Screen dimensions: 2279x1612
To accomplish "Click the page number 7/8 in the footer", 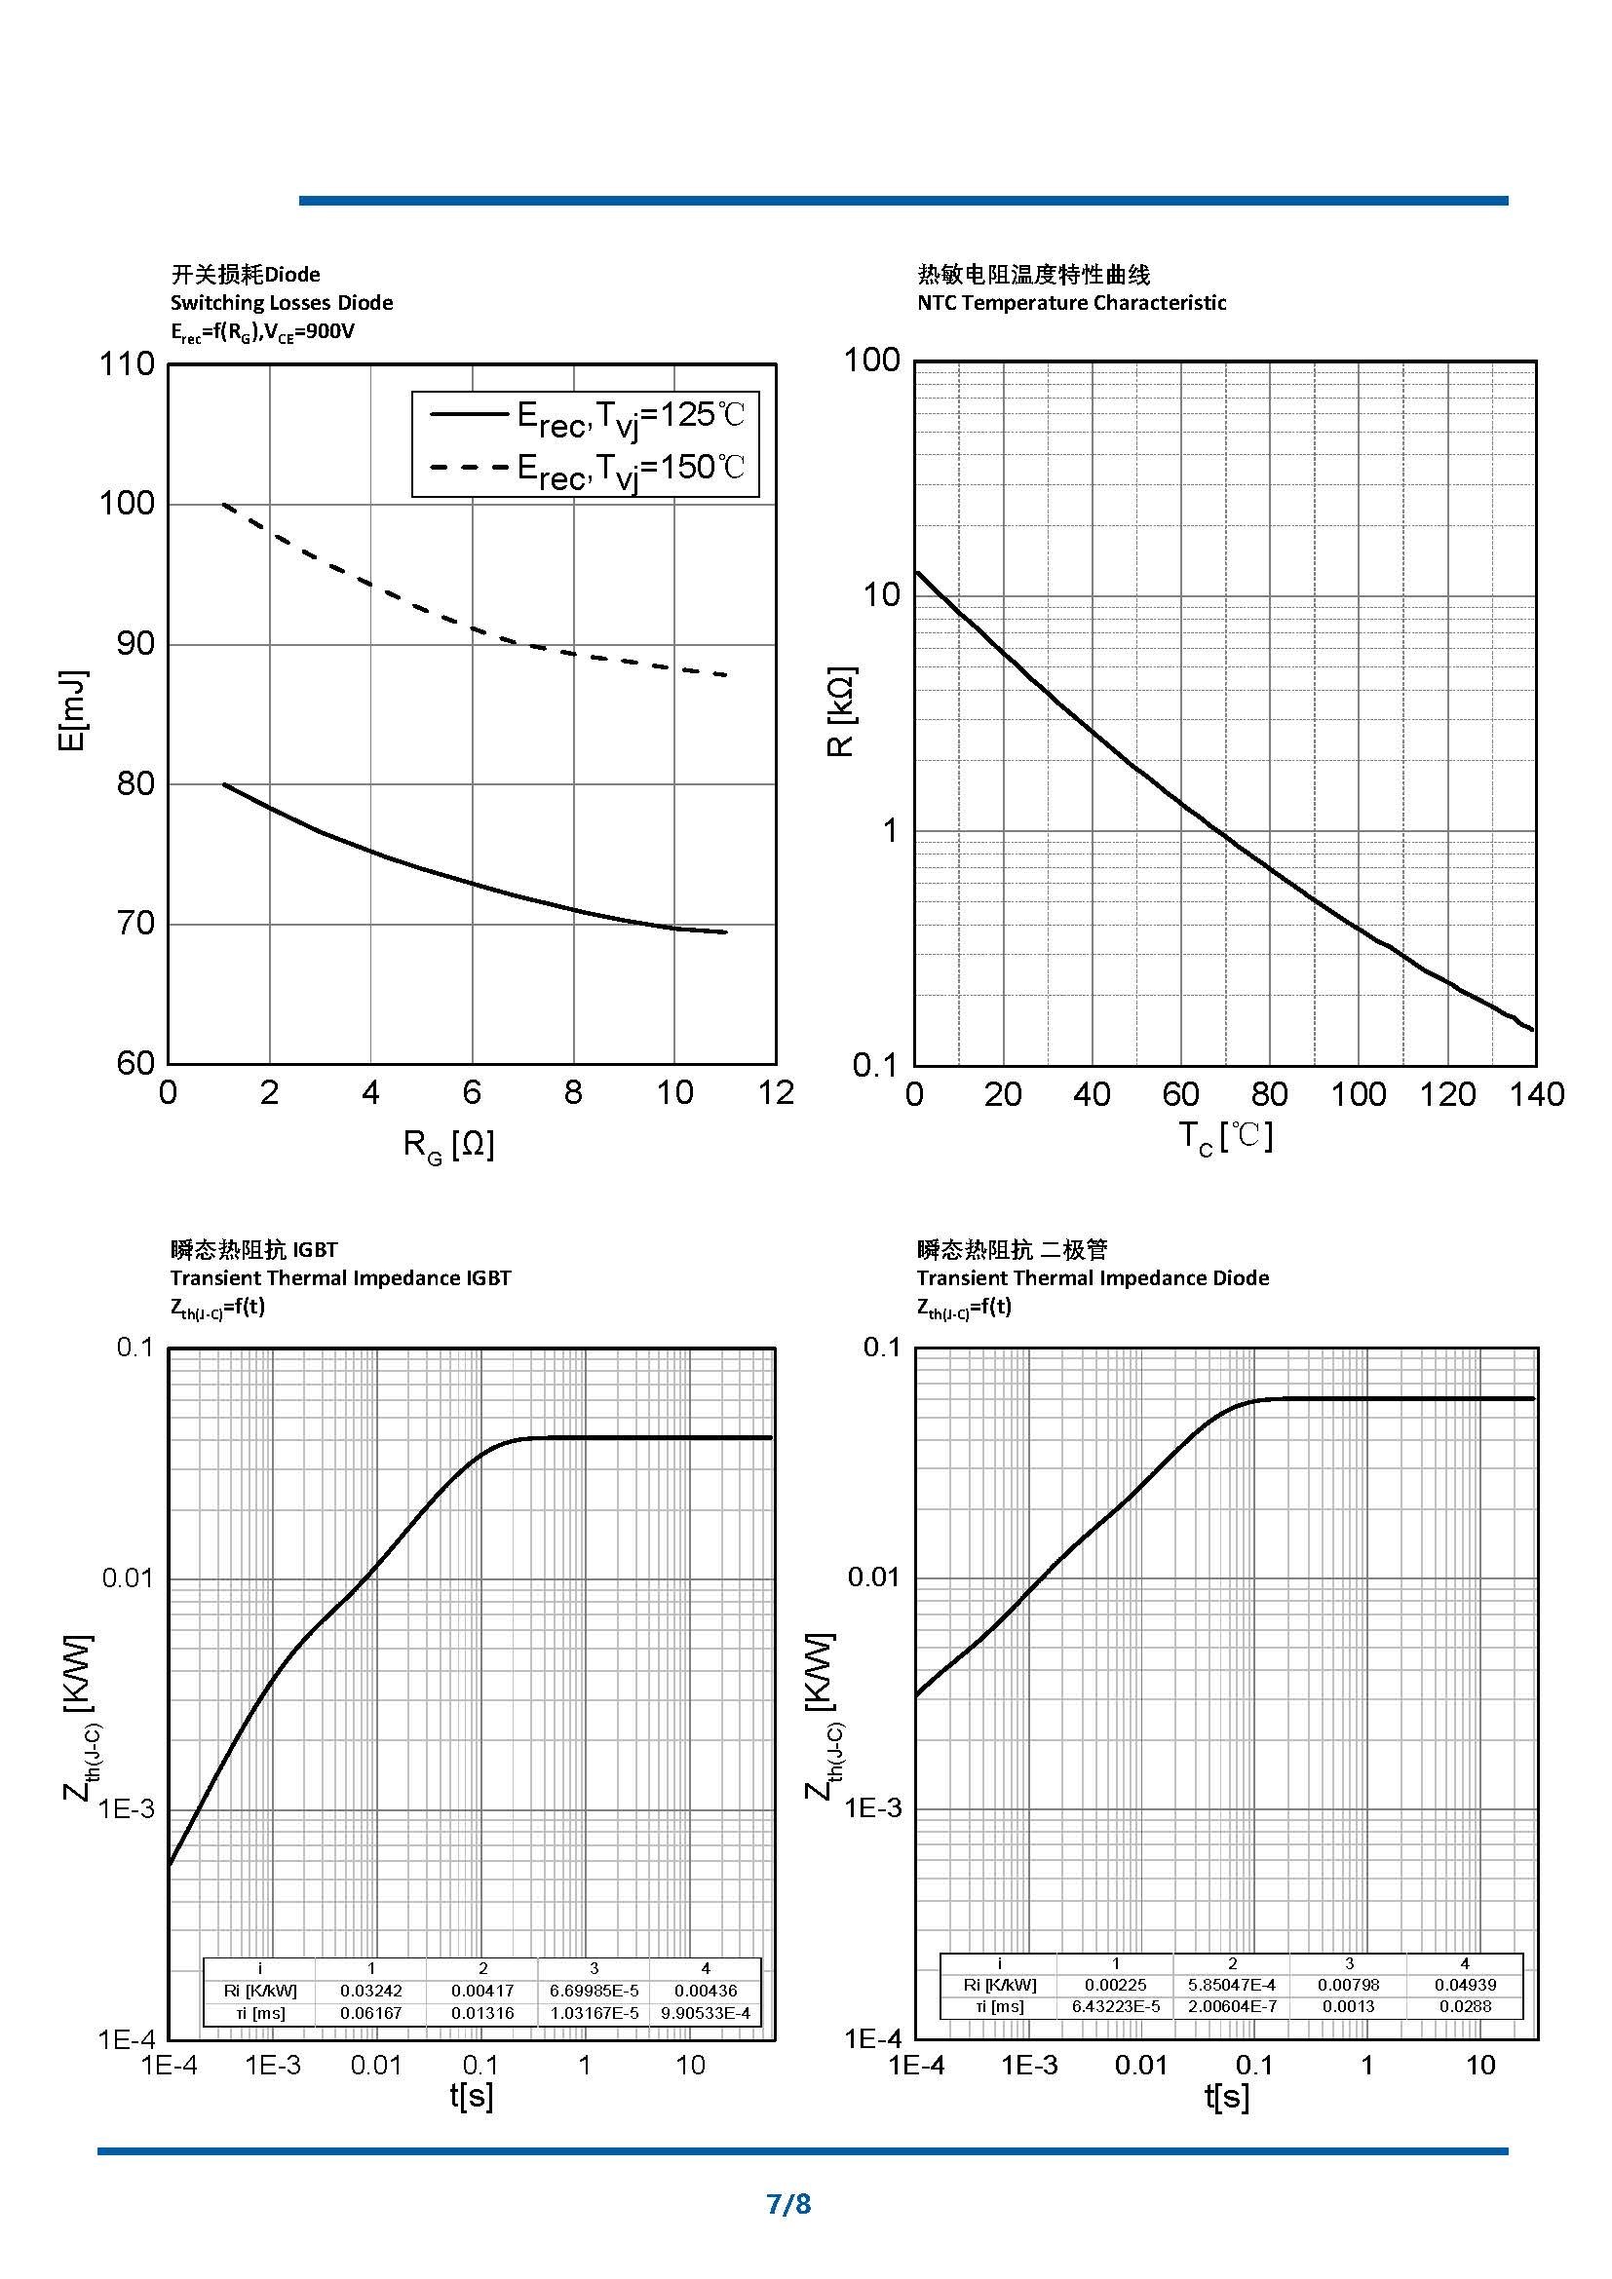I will (788, 2204).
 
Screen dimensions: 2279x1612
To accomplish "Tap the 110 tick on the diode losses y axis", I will (127, 364).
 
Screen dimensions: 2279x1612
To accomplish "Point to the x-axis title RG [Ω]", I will (448, 1145).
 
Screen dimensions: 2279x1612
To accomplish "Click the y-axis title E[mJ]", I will (71, 710).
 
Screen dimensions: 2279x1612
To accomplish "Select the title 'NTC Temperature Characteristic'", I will (1071, 303).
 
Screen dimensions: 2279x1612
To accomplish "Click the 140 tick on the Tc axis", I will (1536, 1095).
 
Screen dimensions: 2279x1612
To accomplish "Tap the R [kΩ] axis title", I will (840, 710).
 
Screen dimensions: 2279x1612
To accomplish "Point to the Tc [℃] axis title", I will (1225, 1136).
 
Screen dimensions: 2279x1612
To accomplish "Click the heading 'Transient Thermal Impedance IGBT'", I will (339, 1278).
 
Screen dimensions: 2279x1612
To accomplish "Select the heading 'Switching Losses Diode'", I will (281, 303).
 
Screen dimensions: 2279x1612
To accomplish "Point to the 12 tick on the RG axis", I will (775, 1093).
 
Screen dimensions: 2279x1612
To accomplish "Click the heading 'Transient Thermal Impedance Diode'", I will (1092, 1278).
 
